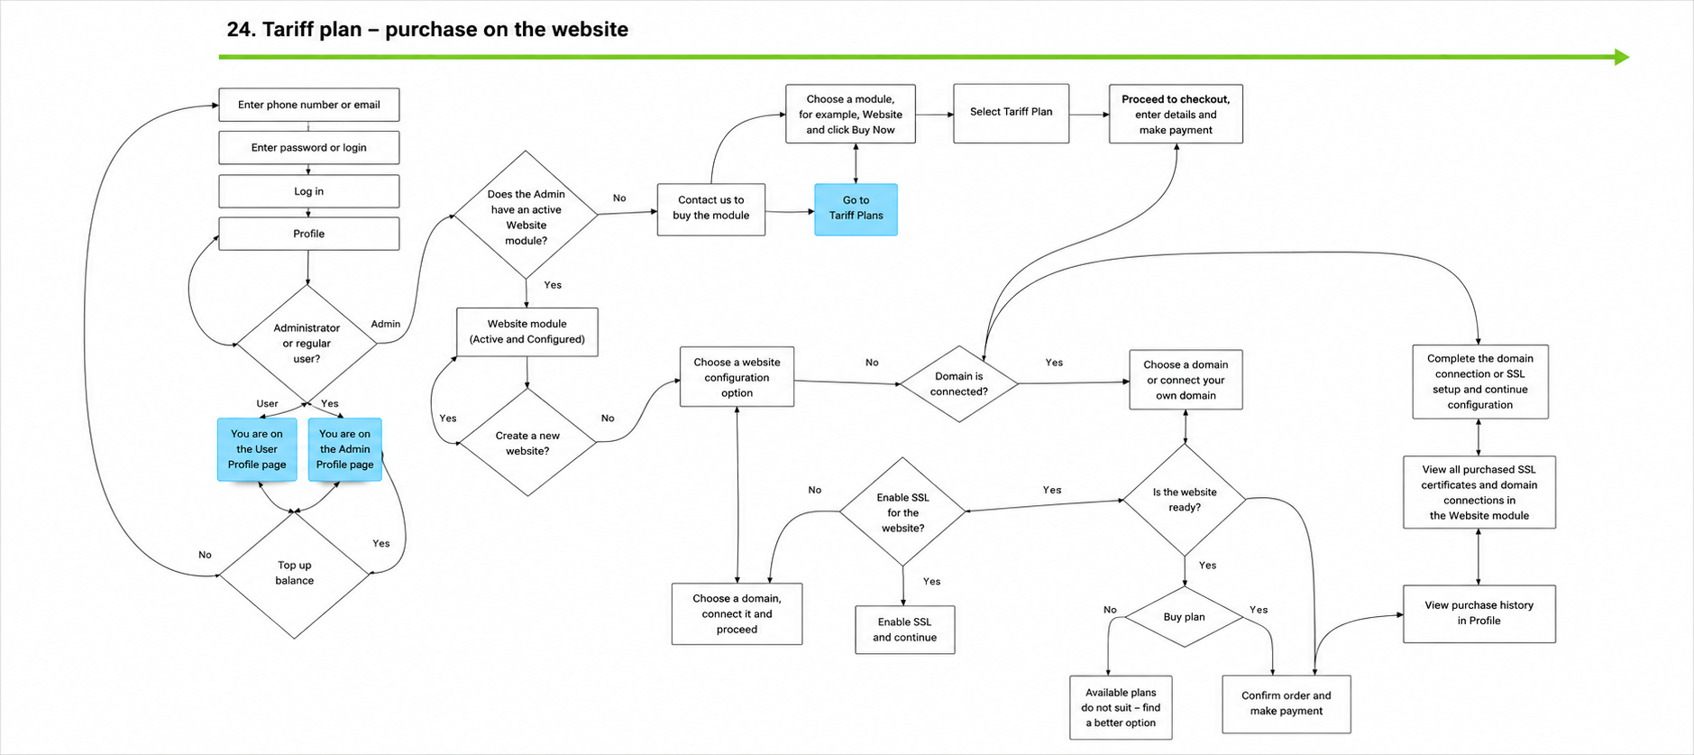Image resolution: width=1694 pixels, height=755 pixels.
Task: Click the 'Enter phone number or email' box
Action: pyautogui.click(x=309, y=105)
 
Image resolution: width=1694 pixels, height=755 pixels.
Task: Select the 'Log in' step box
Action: pyautogui.click(x=309, y=191)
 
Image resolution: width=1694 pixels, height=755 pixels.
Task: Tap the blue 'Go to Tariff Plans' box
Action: pyautogui.click(x=856, y=209)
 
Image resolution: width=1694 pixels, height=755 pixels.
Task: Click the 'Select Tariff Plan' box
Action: pyautogui.click(x=1012, y=113)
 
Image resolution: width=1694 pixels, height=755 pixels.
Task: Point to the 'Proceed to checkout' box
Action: pyautogui.click(x=1176, y=114)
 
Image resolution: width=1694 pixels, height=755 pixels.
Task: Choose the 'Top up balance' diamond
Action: pyautogui.click(x=295, y=574)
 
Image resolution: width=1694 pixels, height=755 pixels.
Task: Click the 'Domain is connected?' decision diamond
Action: pyautogui.click(x=959, y=384)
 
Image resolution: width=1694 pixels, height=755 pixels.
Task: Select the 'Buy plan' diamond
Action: pyautogui.click(x=1185, y=617)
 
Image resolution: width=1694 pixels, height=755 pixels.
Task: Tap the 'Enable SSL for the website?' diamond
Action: pyautogui.click(x=902, y=512)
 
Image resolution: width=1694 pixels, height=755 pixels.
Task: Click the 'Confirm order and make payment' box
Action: pyautogui.click(x=1287, y=704)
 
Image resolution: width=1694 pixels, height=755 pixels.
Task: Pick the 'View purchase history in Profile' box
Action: pyautogui.click(x=1479, y=613)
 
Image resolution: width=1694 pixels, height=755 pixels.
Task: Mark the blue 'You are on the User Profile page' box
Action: pyautogui.click(x=257, y=449)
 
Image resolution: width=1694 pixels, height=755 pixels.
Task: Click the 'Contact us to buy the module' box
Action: pyautogui.click(x=711, y=209)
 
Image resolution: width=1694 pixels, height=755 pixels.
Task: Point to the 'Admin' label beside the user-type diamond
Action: pyautogui.click(x=386, y=324)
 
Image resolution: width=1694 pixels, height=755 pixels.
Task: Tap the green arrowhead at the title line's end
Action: pyautogui.click(x=1622, y=57)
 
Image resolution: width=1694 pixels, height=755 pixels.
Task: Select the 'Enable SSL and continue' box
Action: pyautogui.click(x=905, y=630)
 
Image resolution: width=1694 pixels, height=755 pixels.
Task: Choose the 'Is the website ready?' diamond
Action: pyautogui.click(x=1185, y=500)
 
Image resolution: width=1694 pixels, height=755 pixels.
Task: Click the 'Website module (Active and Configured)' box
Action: pyautogui.click(x=527, y=332)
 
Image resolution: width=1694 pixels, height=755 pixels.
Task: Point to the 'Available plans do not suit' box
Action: pyautogui.click(x=1122, y=707)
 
